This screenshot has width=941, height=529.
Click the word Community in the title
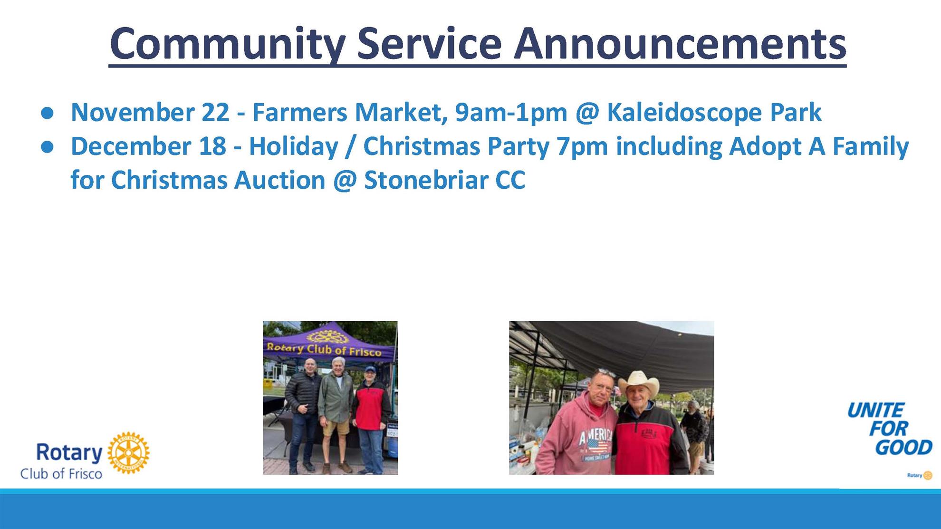(x=228, y=44)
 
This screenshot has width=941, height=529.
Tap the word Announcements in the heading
(x=680, y=43)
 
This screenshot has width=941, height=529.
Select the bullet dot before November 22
(x=47, y=113)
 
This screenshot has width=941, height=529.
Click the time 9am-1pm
(x=511, y=113)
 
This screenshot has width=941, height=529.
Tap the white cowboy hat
(x=639, y=382)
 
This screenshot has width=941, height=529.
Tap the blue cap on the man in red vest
(x=370, y=368)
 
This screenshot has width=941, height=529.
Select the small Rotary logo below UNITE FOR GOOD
(x=920, y=475)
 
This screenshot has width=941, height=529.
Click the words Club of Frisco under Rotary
(x=61, y=474)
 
